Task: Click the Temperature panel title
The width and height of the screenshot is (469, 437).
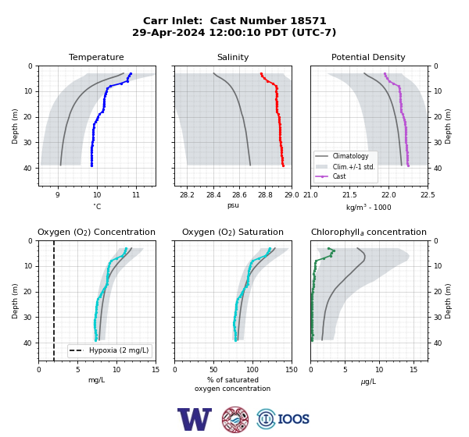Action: point(96,57)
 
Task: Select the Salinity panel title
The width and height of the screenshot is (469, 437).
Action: point(233,57)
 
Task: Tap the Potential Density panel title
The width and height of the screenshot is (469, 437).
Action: point(368,57)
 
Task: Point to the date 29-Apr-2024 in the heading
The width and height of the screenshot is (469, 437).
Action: point(169,32)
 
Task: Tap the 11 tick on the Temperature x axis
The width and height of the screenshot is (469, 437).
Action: point(136,195)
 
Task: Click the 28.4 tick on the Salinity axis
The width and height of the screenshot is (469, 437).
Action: point(213,195)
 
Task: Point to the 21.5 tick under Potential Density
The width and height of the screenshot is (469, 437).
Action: point(349,195)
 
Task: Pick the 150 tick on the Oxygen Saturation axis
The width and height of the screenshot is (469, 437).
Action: point(292,370)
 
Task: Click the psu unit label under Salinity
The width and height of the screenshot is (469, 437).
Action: point(233,205)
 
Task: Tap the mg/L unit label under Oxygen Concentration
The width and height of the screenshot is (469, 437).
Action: point(96,380)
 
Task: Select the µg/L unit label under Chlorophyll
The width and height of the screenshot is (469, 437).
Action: point(368,382)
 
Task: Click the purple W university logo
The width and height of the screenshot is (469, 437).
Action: point(195,419)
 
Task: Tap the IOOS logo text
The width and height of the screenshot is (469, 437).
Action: point(293,419)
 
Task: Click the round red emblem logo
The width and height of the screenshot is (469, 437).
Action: point(235,419)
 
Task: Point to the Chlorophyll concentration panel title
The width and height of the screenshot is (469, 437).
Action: point(368,232)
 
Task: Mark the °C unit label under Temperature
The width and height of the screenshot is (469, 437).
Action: point(97,206)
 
